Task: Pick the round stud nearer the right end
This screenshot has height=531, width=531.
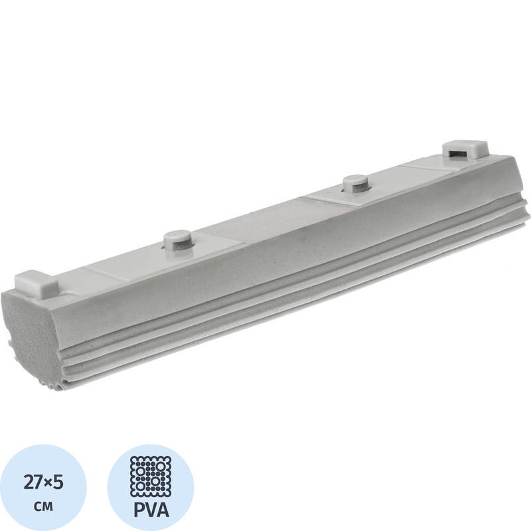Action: pos(356,184)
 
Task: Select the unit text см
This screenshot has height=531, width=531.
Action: pos(43,507)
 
